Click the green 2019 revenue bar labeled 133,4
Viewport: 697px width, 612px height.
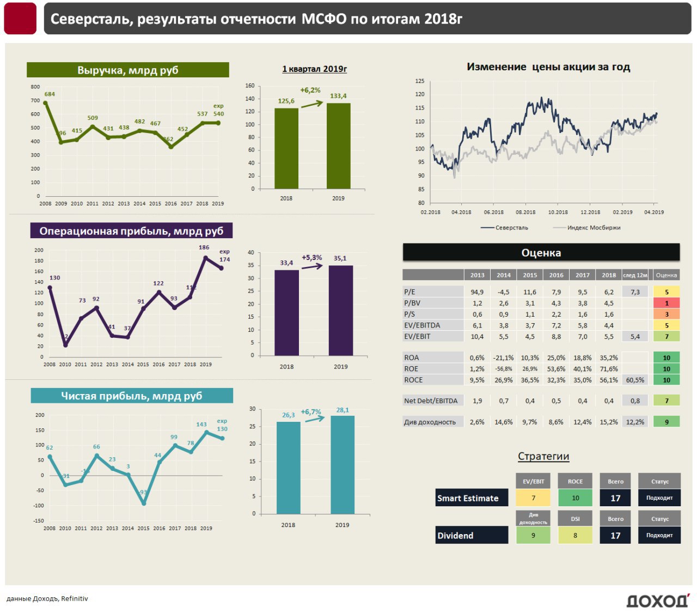tap(338, 146)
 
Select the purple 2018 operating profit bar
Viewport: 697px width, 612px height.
tap(286, 312)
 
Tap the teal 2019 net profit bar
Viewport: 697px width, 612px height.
tap(343, 464)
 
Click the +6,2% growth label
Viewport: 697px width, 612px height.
tap(310, 90)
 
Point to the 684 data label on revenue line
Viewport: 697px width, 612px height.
tap(50, 94)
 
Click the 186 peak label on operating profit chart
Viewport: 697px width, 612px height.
tap(204, 247)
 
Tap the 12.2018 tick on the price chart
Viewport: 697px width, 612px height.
tap(590, 212)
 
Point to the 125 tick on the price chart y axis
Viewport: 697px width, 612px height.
tap(420, 81)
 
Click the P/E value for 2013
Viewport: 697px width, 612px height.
tap(477, 292)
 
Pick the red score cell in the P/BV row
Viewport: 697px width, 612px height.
tap(667, 303)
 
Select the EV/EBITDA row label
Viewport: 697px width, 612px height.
tap(422, 325)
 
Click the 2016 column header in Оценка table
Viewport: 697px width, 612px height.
tap(556, 275)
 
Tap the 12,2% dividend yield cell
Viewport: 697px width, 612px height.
tap(635, 422)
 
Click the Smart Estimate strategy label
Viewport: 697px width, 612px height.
tap(468, 498)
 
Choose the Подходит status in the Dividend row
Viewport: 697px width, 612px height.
tap(659, 535)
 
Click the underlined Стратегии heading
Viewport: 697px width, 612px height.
tap(543, 457)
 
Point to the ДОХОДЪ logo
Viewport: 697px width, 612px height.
tap(657, 601)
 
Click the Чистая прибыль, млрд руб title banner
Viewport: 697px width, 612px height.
tap(132, 396)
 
